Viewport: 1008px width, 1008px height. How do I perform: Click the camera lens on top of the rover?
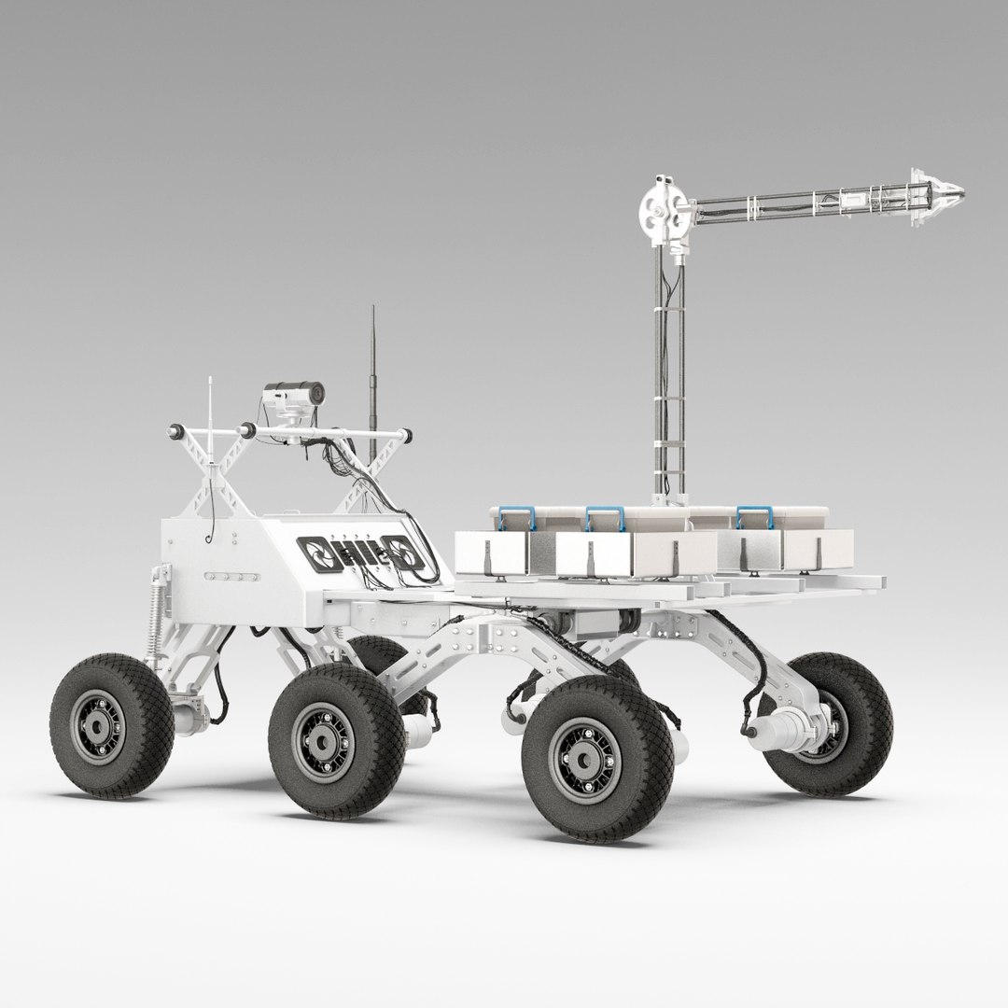click(x=318, y=394)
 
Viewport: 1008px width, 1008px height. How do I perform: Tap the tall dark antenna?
click(x=373, y=373)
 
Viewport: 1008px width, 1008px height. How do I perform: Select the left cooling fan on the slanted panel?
click(x=315, y=553)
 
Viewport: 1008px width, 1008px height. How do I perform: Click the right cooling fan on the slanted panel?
click(x=407, y=557)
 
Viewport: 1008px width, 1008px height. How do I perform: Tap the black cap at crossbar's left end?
click(x=173, y=431)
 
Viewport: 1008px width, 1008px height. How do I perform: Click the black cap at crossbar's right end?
click(x=406, y=433)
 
